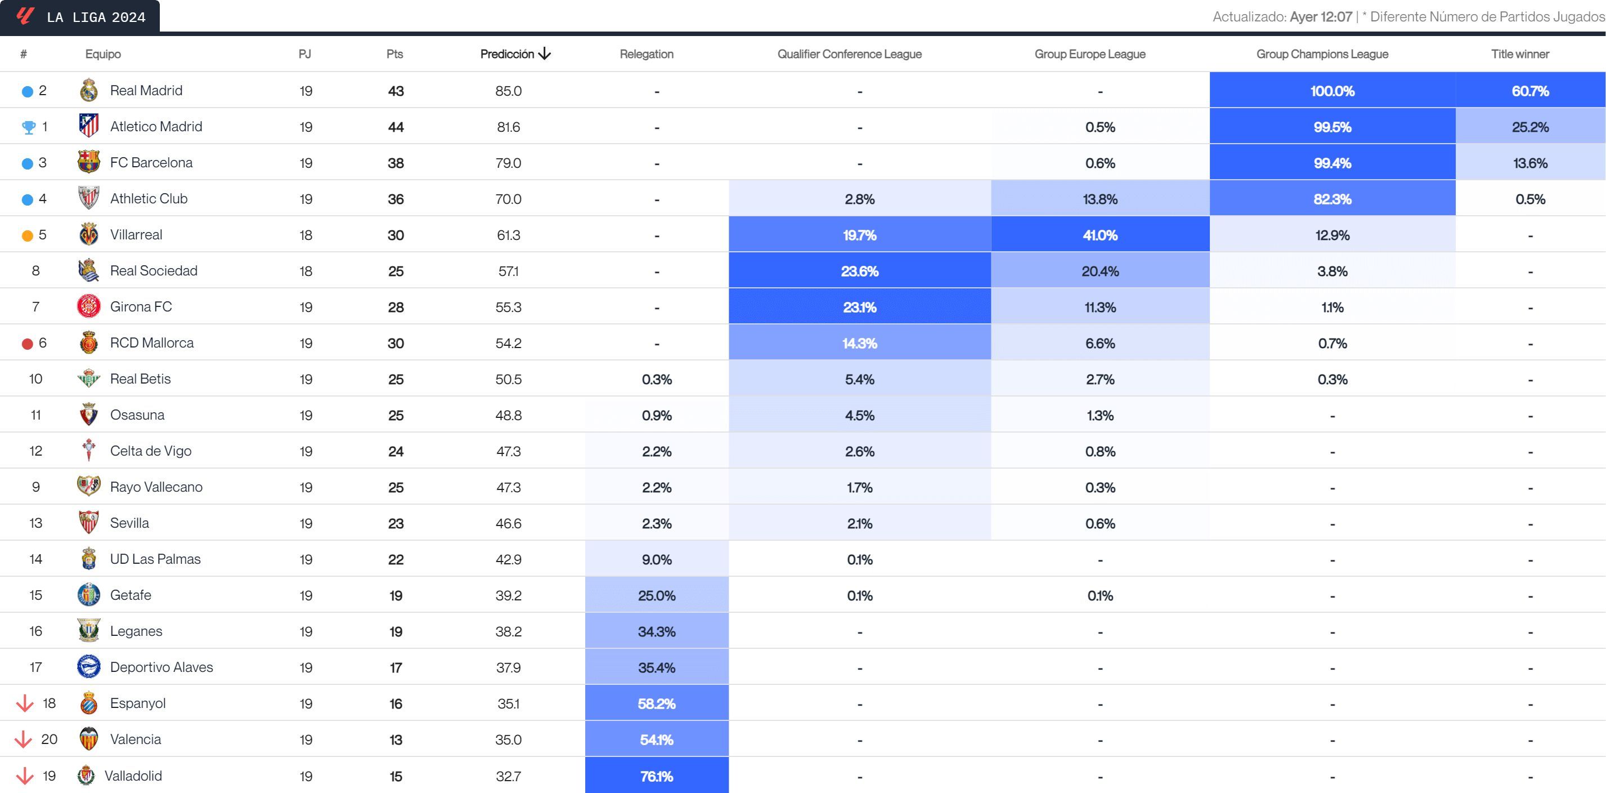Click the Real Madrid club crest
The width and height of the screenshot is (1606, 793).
pos(88,91)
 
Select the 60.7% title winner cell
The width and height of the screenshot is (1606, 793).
pos(1530,91)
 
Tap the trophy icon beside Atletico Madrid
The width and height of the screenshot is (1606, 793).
pos(29,127)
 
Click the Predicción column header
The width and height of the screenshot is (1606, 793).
pos(507,54)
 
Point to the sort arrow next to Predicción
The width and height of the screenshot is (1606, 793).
pos(545,54)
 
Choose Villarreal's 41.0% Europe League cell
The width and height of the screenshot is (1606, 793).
pos(1100,235)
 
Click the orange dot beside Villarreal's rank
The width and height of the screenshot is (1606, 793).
pos(28,236)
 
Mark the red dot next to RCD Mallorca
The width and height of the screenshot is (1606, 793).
pos(28,344)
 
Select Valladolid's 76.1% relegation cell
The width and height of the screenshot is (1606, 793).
pos(657,776)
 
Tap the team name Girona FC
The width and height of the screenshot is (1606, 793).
pos(141,307)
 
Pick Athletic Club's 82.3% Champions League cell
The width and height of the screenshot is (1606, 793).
pos(1332,199)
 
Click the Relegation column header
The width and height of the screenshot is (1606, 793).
pos(647,54)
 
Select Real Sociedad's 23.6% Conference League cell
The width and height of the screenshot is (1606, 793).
pos(859,271)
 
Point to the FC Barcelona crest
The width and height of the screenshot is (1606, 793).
pos(88,162)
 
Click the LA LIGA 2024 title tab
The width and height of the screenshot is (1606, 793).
pos(80,16)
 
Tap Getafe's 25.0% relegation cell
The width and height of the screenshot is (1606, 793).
pos(657,596)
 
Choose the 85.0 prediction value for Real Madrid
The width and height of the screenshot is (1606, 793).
pos(508,91)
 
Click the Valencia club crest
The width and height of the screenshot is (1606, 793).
pos(88,739)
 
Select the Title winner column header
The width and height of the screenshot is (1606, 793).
pos(1519,54)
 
